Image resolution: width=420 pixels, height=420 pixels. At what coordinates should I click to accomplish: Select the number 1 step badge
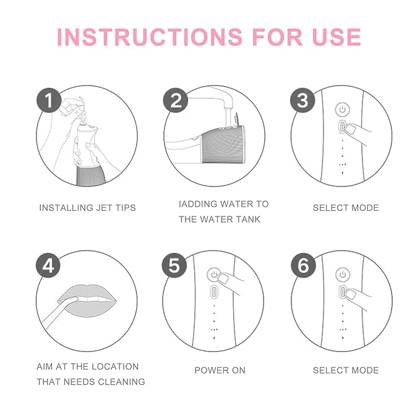click(x=48, y=100)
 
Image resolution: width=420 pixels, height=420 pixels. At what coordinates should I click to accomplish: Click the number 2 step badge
click(x=176, y=100)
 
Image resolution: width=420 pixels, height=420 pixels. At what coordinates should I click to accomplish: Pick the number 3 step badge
click(x=302, y=100)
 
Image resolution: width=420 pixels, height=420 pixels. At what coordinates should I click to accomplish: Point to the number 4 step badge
click(x=48, y=265)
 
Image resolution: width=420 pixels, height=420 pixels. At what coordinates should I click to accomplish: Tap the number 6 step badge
click(x=302, y=265)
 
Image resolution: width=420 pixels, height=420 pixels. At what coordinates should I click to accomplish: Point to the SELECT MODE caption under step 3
click(x=346, y=208)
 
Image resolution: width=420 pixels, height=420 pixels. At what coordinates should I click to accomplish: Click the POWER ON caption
click(x=220, y=370)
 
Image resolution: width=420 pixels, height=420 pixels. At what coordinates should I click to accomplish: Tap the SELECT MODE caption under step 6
click(x=346, y=370)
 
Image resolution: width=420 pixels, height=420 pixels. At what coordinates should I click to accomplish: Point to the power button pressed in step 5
click(x=214, y=273)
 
